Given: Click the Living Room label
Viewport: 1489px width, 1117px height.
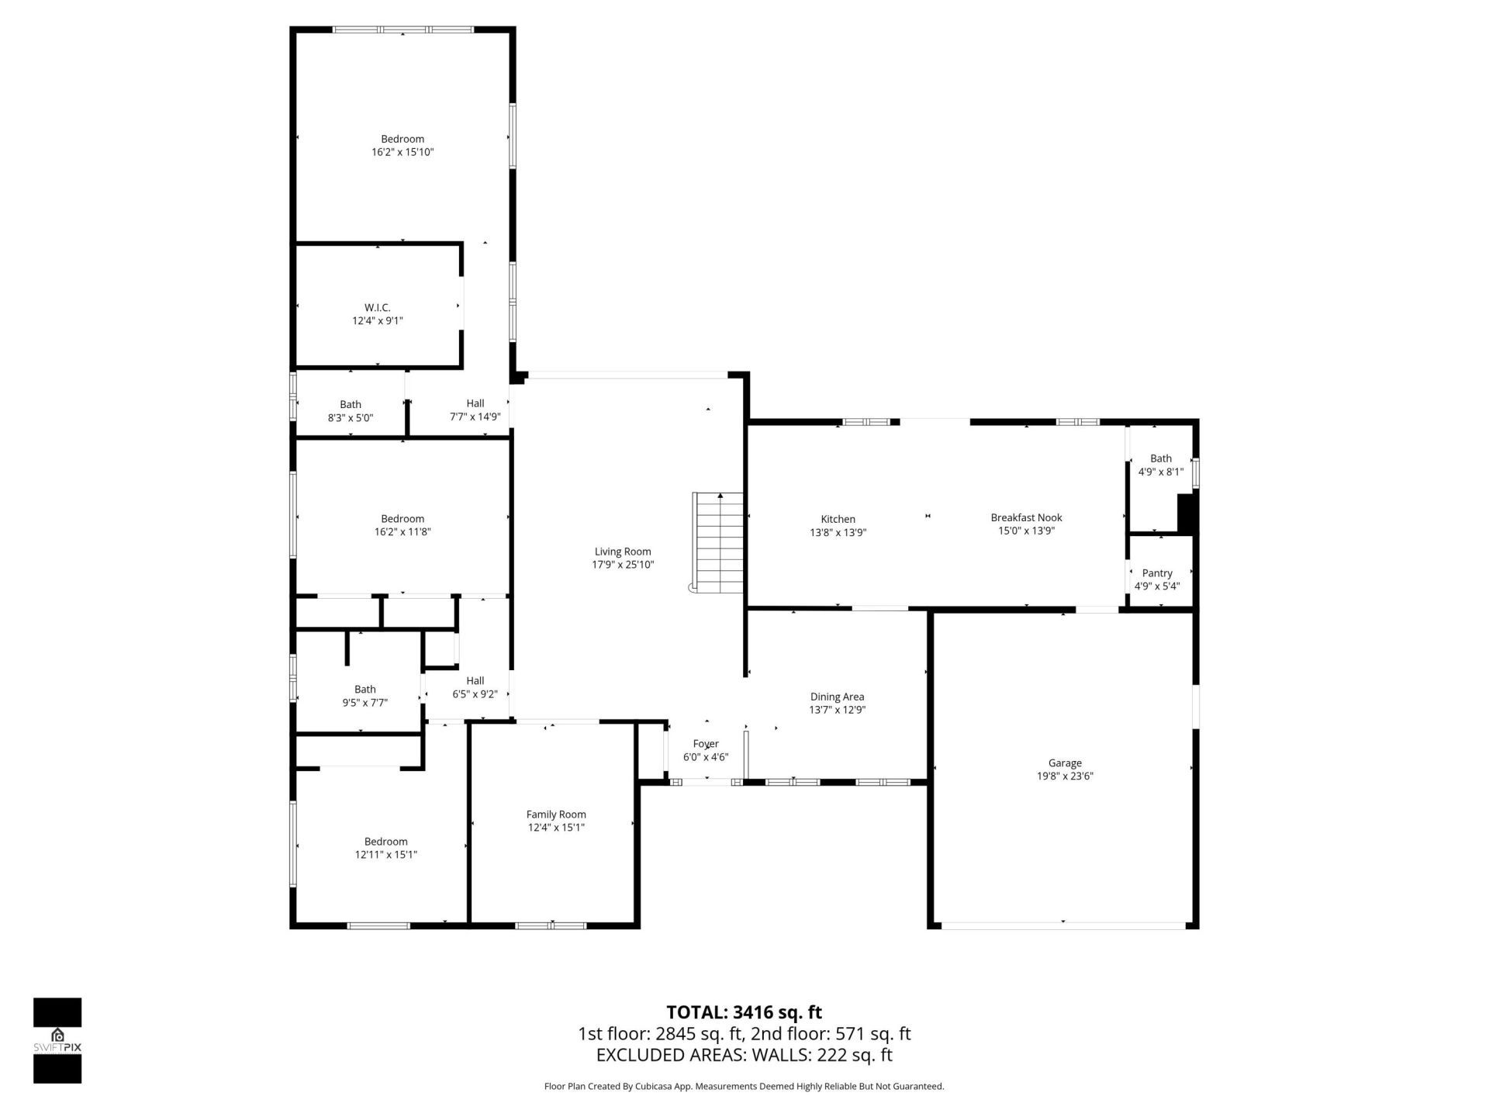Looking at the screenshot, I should pos(623,552).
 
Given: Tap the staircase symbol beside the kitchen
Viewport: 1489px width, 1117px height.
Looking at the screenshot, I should pos(719,542).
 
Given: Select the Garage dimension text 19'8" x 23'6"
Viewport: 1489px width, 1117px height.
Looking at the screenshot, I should pos(1065,776).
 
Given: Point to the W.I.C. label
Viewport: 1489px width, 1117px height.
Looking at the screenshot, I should pos(378,308).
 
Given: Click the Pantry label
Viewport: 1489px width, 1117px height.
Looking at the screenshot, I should pos(1157,573).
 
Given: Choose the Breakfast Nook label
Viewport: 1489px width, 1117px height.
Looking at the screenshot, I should pos(1026,517).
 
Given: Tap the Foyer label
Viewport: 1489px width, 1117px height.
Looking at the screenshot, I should pos(706,744).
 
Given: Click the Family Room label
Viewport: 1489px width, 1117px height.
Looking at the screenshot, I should pos(556,814).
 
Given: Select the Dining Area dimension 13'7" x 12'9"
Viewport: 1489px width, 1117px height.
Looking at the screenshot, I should pos(837,710).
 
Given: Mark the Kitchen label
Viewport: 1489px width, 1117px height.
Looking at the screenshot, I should pos(838,519).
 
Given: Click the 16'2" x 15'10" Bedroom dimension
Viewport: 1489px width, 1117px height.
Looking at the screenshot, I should pos(402,152).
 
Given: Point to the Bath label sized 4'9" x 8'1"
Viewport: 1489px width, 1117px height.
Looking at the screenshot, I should pos(1161,458).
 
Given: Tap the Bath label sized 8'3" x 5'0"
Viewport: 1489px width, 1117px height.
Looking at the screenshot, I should pos(351,404).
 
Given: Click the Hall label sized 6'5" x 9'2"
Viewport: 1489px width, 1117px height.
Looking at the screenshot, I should pos(475,680).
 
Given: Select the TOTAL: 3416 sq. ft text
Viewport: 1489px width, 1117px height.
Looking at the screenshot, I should pos(744,1012).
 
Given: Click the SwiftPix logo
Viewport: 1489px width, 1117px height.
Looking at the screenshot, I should pos(57,1040).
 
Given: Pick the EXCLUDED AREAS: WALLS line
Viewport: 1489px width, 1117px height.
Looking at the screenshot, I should pos(744,1055).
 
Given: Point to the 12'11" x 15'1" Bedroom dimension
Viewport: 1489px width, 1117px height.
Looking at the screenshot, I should pos(386,855).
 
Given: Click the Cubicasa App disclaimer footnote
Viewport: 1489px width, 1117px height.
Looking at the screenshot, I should pos(744,1087).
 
